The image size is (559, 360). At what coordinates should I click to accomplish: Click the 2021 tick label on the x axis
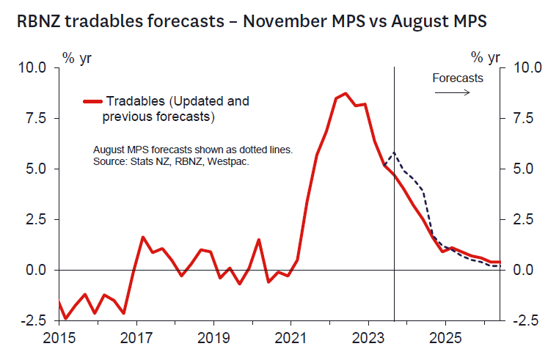pyautogui.click(x=291, y=339)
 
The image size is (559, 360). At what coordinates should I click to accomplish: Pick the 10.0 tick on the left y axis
pyautogui.click(x=32, y=67)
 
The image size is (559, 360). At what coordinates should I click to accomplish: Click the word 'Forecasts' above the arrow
pyautogui.click(x=458, y=78)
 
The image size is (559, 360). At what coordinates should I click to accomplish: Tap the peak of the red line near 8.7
pyautogui.click(x=346, y=93)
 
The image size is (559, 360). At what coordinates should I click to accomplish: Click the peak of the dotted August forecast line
pyautogui.click(x=394, y=153)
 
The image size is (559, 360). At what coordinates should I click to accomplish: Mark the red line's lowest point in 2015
pyautogui.click(x=66, y=318)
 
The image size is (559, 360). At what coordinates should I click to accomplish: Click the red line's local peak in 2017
pyautogui.click(x=142, y=237)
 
